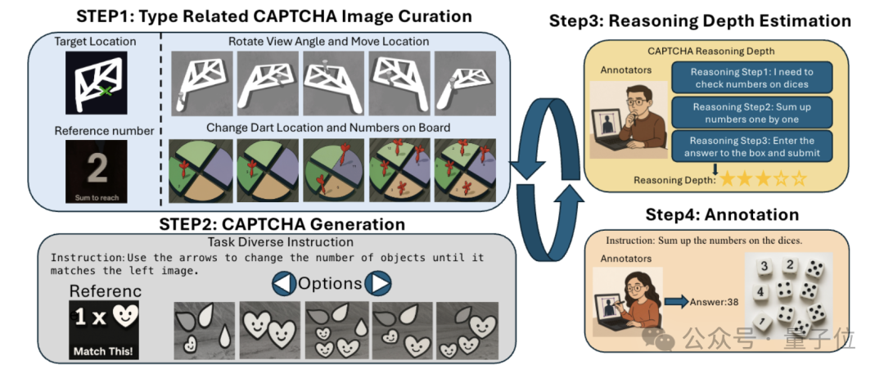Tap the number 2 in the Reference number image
click(x=97, y=169)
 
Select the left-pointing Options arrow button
click(x=282, y=283)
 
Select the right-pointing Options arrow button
click(x=377, y=283)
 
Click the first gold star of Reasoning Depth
click(x=728, y=178)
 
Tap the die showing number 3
click(x=763, y=266)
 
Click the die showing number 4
click(x=760, y=291)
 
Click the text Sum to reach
click(x=97, y=197)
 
